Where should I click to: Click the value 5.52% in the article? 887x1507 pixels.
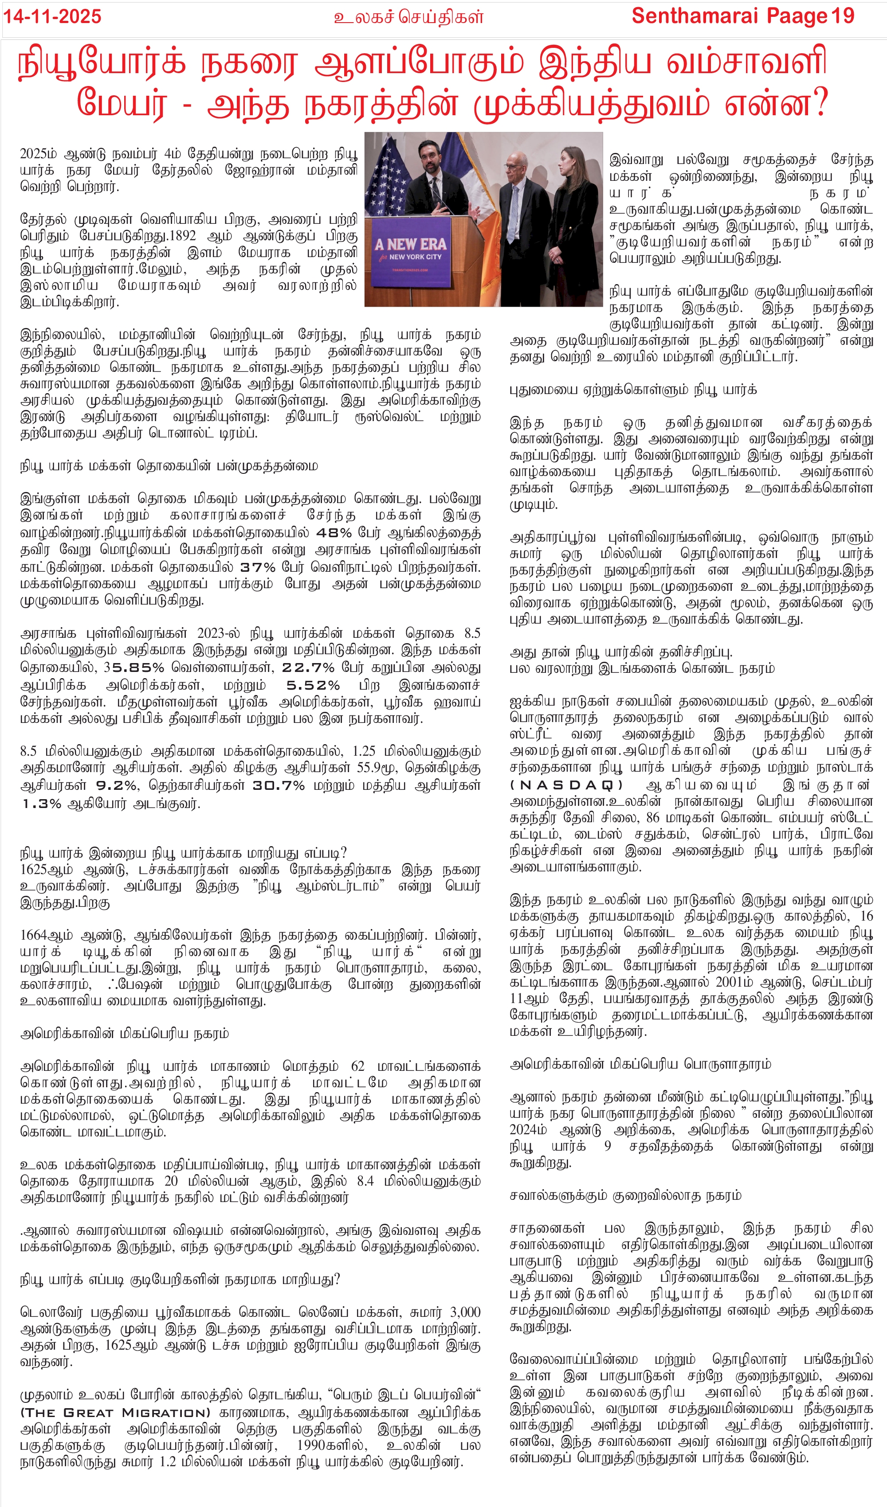click(x=313, y=685)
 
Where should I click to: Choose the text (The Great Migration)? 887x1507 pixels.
click(x=115, y=1425)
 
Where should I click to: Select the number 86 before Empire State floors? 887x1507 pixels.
click(x=652, y=817)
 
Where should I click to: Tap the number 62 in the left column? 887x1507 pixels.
click(x=357, y=1066)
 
